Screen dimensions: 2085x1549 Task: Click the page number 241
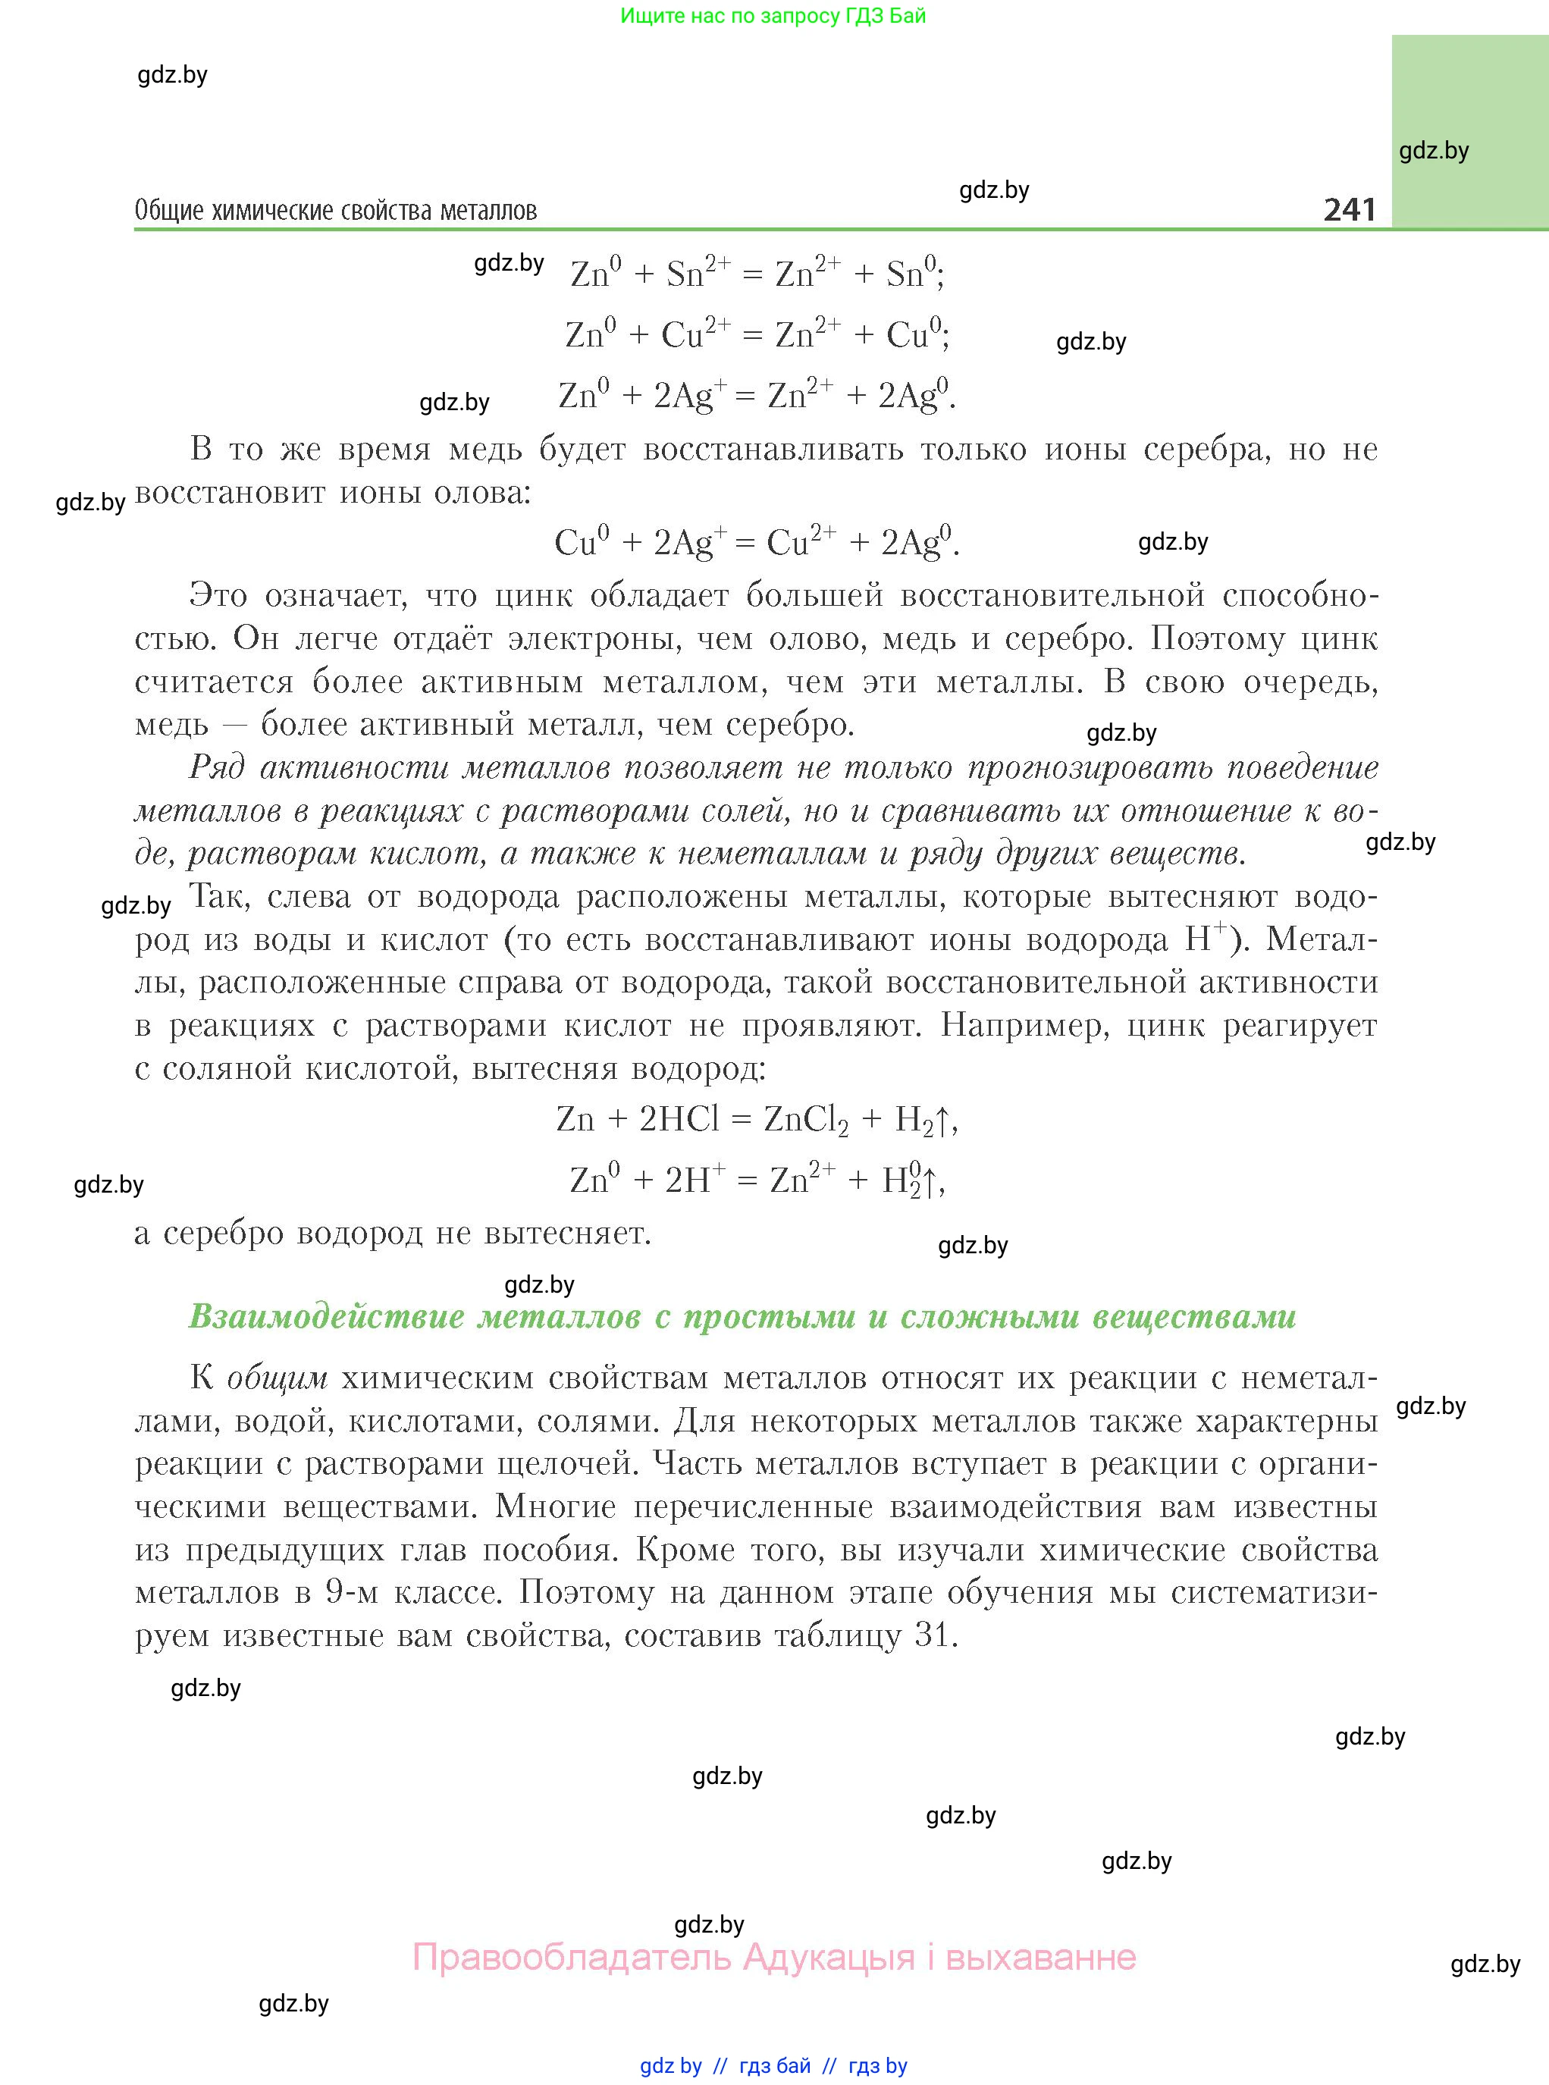[1350, 209]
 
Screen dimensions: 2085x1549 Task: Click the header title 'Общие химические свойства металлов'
[336, 211]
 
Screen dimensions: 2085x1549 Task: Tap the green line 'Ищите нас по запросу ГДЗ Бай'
[773, 16]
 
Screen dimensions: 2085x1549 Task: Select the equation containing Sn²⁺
[757, 274]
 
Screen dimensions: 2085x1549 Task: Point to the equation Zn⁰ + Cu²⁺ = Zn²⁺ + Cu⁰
[757, 334]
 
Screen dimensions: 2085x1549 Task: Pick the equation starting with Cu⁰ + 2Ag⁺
[757, 542]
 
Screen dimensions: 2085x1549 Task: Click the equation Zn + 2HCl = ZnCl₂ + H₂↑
[757, 1118]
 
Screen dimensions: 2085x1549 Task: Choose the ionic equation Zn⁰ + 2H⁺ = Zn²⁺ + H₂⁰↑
[757, 1180]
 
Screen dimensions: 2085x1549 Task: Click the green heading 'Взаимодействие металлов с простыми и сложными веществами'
[742, 1316]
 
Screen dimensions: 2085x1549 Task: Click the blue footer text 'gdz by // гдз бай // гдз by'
[773, 2065]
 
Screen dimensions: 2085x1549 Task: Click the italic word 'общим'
[278, 1378]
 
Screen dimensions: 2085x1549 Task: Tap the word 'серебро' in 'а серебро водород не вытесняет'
[222, 1234]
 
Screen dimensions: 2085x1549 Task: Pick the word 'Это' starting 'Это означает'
[218, 595]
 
